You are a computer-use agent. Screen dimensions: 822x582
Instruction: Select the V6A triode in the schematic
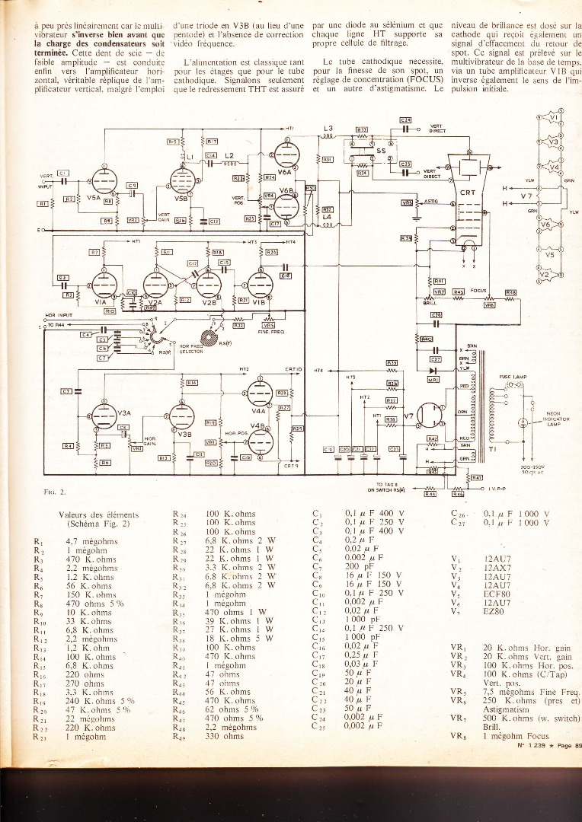tap(288, 158)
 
